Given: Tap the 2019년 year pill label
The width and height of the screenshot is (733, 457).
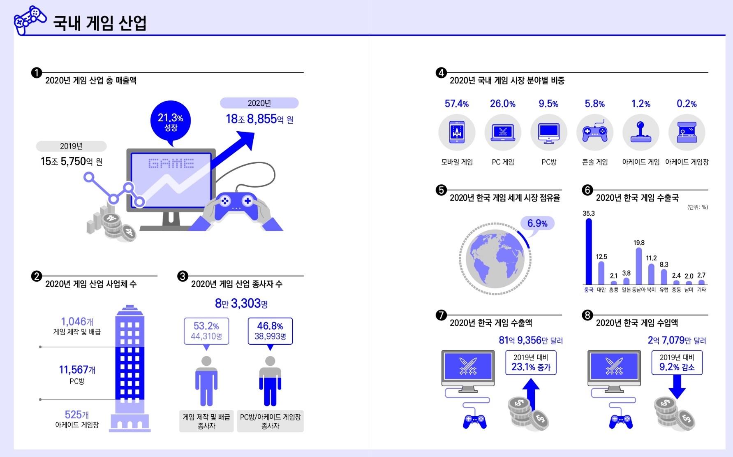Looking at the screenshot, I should pyautogui.click(x=72, y=146).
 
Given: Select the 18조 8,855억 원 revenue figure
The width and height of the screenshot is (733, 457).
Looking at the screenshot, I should pyautogui.click(x=259, y=119).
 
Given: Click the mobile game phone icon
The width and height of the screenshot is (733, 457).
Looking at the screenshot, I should pyautogui.click(x=457, y=132).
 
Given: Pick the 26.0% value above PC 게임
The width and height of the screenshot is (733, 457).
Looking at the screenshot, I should pyautogui.click(x=502, y=104).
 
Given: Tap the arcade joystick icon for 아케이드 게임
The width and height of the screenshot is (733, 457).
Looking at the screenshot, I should pyautogui.click(x=641, y=132).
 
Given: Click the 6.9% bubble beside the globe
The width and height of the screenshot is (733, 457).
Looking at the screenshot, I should pyautogui.click(x=537, y=223).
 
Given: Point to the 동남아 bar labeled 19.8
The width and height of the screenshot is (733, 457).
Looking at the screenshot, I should pyautogui.click(x=638, y=266).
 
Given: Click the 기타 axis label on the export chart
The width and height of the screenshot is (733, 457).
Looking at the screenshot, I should pyautogui.click(x=701, y=290).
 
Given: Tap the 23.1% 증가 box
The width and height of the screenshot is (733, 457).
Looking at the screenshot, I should pyautogui.click(x=531, y=362).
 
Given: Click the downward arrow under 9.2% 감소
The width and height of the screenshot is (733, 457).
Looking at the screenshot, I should pyautogui.click(x=677, y=387).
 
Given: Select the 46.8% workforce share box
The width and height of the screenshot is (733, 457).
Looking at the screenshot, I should pyautogui.click(x=270, y=331).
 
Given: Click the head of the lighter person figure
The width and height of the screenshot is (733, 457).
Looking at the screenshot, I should pyautogui.click(x=206, y=361).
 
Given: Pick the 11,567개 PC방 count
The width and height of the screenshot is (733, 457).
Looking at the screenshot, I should pyautogui.click(x=77, y=370).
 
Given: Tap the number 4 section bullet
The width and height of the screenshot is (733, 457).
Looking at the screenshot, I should pyautogui.click(x=441, y=73).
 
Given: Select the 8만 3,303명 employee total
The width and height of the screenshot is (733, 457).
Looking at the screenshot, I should pyautogui.click(x=241, y=304).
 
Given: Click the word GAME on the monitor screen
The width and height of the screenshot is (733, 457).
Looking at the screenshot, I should pyautogui.click(x=171, y=164).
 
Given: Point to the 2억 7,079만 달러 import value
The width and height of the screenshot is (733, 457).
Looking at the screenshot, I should pyautogui.click(x=677, y=340).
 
